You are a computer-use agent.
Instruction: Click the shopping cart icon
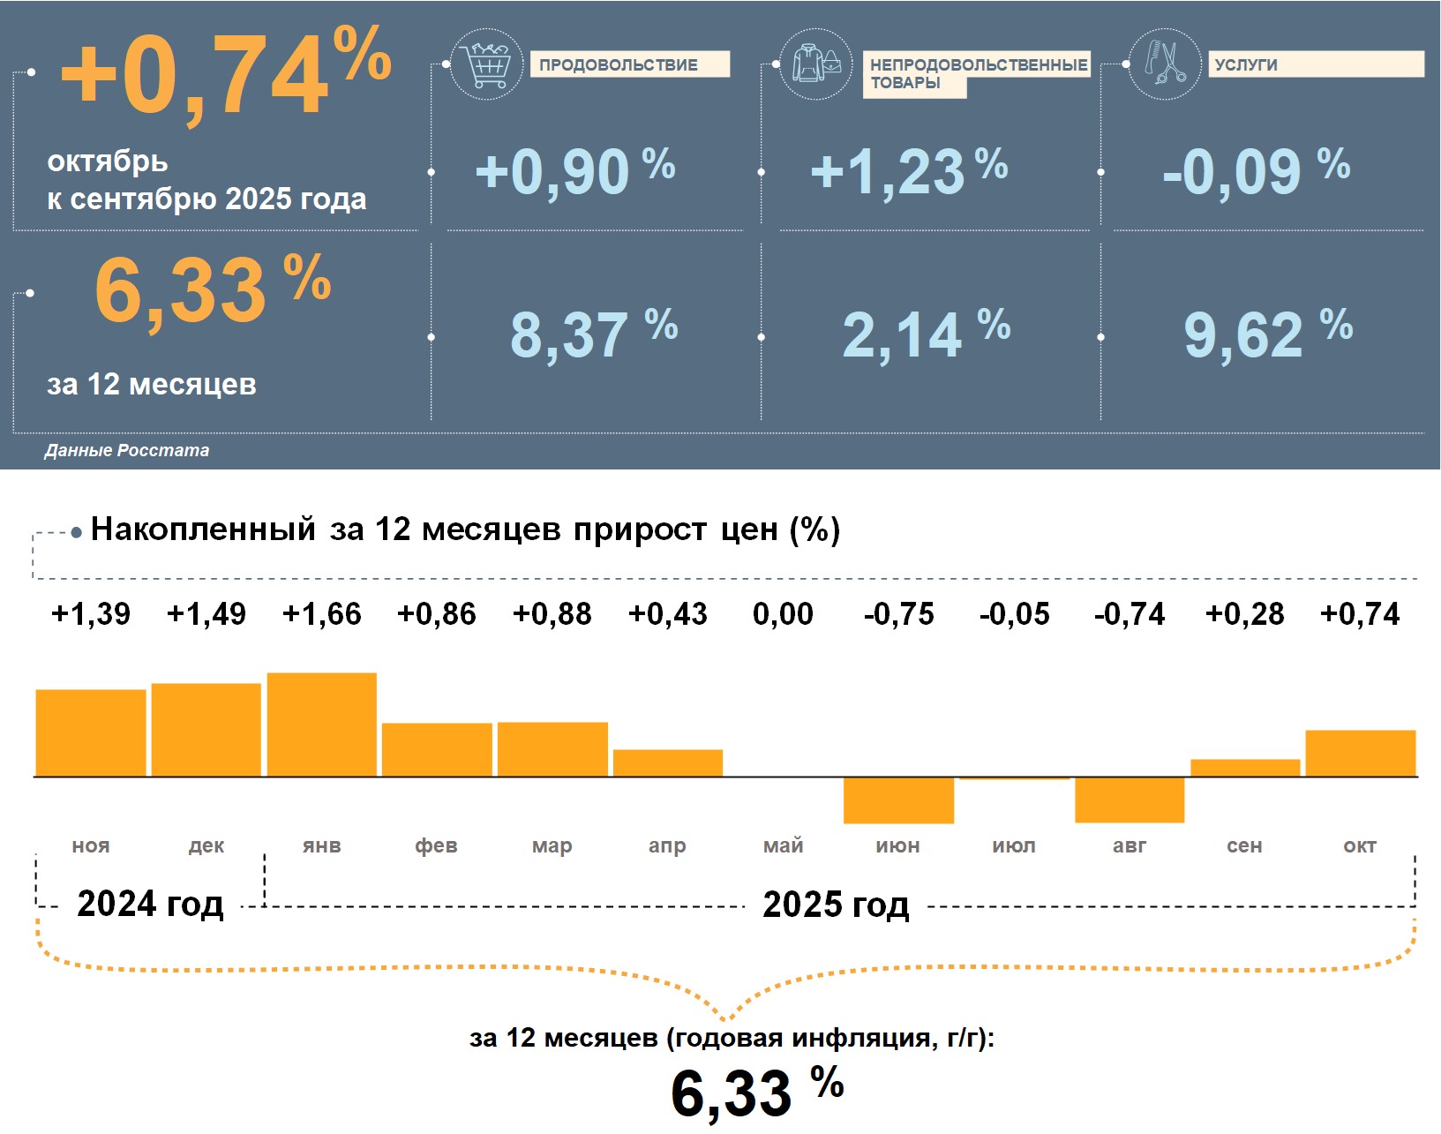pos(485,64)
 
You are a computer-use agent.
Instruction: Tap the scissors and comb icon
pos(1165,64)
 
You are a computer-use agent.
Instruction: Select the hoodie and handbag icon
pos(816,64)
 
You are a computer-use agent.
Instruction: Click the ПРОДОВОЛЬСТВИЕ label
pos(629,64)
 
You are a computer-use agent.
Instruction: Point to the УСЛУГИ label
pos(1315,64)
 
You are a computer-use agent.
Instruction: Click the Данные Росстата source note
pos(127,450)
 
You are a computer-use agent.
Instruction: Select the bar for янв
pos(321,725)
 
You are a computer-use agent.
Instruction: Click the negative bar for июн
pos(898,800)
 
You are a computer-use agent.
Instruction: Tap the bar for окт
pos(1360,753)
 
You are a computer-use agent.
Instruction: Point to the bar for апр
pos(667,762)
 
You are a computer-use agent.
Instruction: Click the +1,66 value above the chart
pos(321,613)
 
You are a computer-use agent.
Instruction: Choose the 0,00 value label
pos(783,613)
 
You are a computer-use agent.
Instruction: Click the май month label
pos(783,845)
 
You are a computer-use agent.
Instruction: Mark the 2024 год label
pos(150,904)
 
